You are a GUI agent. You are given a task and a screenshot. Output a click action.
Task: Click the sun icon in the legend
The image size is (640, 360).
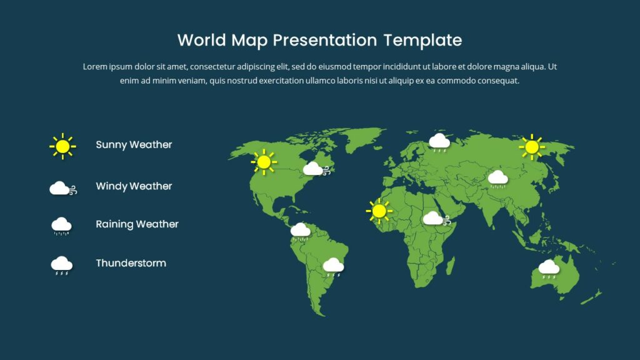pos(62,146)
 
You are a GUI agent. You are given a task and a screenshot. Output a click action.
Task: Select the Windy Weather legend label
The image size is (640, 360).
pos(134,186)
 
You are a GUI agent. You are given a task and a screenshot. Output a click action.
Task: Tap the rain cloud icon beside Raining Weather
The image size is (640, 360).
pos(61,226)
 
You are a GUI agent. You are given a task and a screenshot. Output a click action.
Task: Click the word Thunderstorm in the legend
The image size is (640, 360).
pos(131,263)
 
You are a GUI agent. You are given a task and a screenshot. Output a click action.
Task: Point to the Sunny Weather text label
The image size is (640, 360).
pos(134,145)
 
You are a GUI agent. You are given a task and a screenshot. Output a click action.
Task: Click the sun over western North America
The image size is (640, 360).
pos(264,162)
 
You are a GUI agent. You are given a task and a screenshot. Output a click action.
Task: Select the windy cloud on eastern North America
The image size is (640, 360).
pos(313,169)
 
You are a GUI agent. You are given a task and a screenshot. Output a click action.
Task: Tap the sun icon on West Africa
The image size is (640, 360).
pos(379,211)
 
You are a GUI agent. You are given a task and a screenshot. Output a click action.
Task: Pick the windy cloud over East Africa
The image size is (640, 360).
pos(435,219)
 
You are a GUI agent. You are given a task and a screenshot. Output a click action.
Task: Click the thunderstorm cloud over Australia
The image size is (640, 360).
pos(549,267)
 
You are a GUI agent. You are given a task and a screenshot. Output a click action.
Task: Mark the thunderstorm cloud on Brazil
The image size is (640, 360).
pos(333,266)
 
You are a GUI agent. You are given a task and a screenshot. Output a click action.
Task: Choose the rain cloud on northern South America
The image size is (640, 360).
pos(301,231)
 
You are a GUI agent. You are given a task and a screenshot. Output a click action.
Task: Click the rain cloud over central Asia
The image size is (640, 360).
pos(497,179)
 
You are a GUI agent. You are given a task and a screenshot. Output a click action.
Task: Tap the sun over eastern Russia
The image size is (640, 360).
pos(532,147)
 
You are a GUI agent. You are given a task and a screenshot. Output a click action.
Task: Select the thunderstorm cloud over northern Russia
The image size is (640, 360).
pos(439,142)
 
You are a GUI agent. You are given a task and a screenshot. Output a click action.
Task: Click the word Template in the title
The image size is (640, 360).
pos(422,41)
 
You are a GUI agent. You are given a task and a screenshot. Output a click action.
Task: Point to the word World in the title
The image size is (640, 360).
pos(202,41)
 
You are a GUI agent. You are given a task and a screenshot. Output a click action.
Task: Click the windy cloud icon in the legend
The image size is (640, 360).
pos(62,188)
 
